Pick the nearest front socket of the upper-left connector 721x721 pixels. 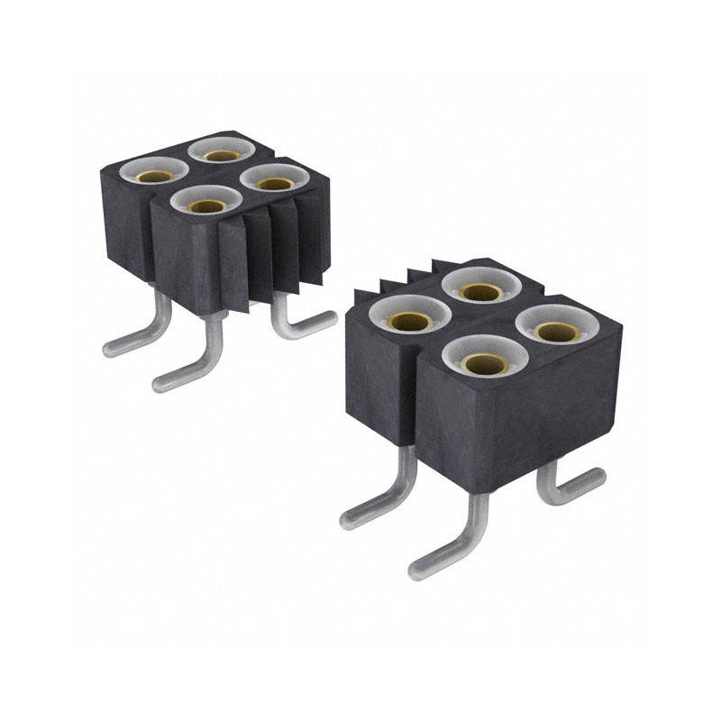coord(208,203)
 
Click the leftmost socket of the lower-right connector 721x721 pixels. coord(411,316)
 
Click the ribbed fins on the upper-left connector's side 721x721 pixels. coord(261,257)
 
